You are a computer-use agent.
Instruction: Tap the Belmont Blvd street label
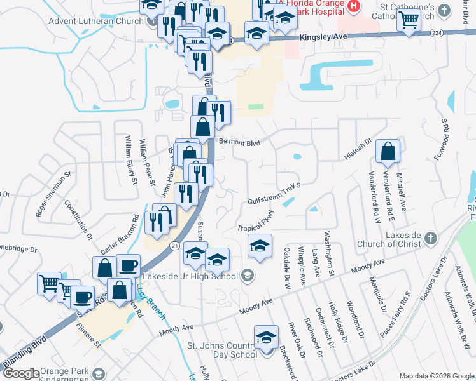241,143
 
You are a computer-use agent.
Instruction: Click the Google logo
20,373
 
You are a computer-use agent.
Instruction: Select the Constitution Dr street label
79,220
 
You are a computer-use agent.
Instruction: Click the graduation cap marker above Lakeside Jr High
260,246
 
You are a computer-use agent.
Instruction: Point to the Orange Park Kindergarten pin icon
97,373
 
